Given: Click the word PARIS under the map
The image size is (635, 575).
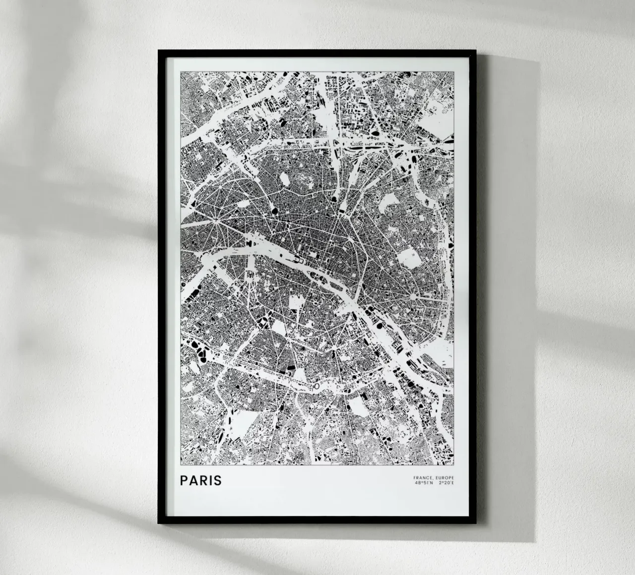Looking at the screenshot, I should tap(201, 481).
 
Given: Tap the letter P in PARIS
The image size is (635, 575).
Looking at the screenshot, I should tap(184, 481).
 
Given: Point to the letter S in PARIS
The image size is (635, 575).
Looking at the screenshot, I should tap(218, 481).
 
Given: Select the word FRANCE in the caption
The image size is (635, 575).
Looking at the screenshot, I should tap(423, 478).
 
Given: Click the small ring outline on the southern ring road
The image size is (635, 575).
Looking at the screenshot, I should tap(316, 385).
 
